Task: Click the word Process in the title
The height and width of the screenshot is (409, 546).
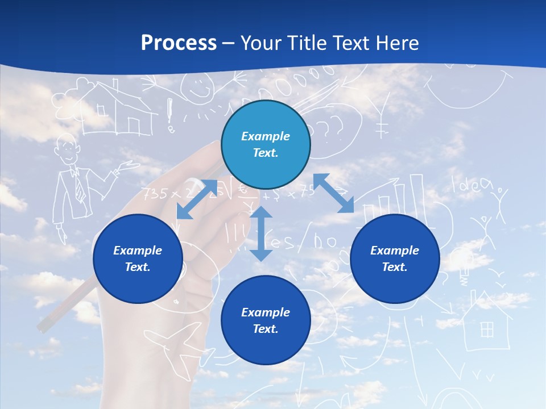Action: (x=179, y=43)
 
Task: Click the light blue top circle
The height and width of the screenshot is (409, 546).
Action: (x=266, y=145)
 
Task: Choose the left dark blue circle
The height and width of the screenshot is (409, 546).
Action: (x=138, y=258)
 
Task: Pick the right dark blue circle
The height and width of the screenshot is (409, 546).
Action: (x=395, y=258)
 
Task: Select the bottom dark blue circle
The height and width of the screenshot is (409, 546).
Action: (x=266, y=320)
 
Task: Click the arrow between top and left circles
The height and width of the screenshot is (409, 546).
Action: (x=197, y=199)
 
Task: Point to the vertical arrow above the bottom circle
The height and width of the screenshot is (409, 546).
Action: (x=261, y=233)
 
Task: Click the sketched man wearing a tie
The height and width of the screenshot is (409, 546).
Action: (x=74, y=182)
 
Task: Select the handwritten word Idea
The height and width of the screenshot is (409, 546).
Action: (x=471, y=184)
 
